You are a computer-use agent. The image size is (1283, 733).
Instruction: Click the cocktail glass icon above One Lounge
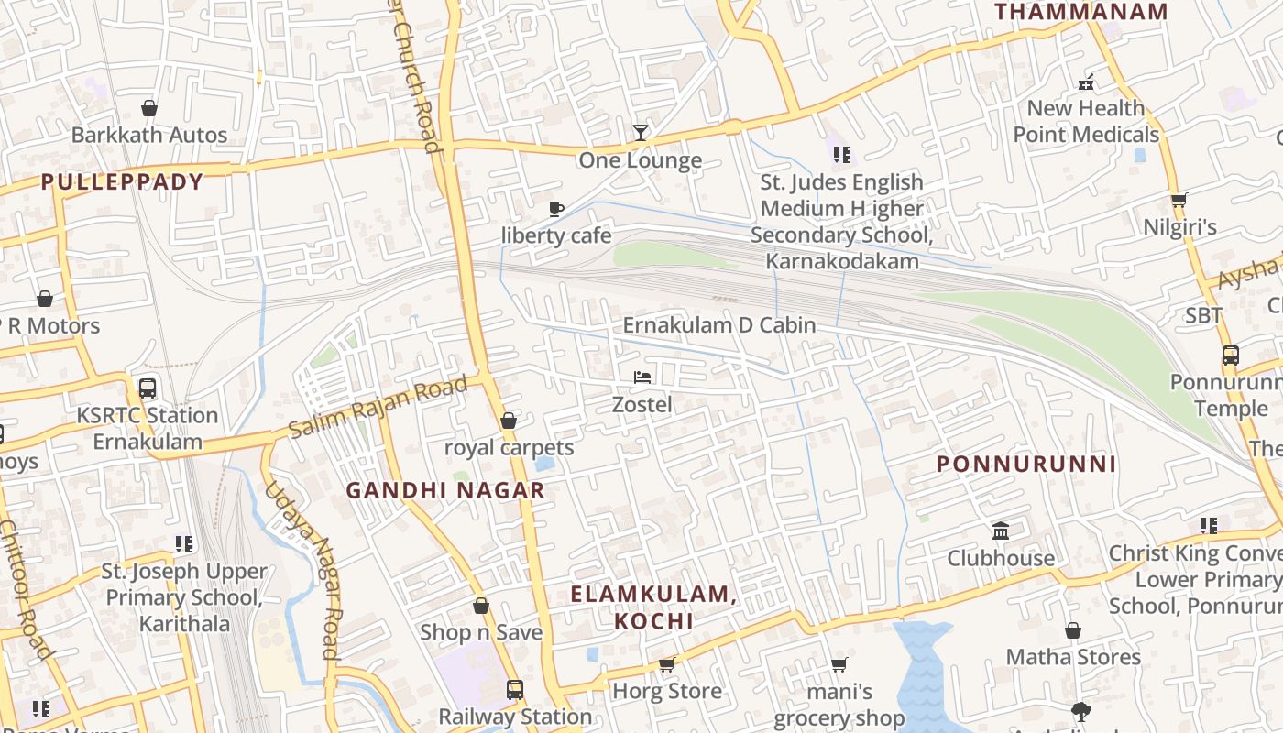pos(640,133)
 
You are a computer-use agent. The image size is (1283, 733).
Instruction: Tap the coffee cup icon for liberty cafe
pos(555,209)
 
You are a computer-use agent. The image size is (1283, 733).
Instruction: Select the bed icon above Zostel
pos(642,377)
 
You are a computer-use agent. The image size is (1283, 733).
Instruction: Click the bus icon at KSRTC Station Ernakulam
pos(148,388)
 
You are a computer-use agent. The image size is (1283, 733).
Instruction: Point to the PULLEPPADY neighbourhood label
pos(122,181)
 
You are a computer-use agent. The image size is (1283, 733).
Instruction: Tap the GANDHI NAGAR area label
pos(445,490)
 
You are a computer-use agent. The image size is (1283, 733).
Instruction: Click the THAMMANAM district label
pos(1081,12)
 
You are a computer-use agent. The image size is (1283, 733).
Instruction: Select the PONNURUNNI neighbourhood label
pos(1026,465)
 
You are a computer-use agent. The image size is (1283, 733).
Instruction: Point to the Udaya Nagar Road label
pos(303,570)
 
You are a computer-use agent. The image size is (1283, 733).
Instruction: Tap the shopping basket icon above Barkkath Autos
pos(149,108)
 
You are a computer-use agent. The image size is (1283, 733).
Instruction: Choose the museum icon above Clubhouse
pos(1001,531)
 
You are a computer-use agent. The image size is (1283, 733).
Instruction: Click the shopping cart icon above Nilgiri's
pos(1179,200)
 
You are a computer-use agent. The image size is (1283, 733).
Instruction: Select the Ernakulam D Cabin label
pos(719,325)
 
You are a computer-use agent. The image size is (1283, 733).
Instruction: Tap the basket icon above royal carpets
pos(509,421)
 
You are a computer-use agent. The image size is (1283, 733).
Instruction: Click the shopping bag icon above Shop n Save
pos(481,606)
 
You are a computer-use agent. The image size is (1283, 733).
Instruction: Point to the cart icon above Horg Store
pos(667,664)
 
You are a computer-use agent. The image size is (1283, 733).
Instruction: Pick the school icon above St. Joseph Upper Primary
pos(184,544)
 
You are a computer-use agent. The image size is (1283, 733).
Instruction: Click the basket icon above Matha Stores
pos(1073,630)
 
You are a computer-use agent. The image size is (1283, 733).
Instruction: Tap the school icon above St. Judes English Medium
pos(842,155)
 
